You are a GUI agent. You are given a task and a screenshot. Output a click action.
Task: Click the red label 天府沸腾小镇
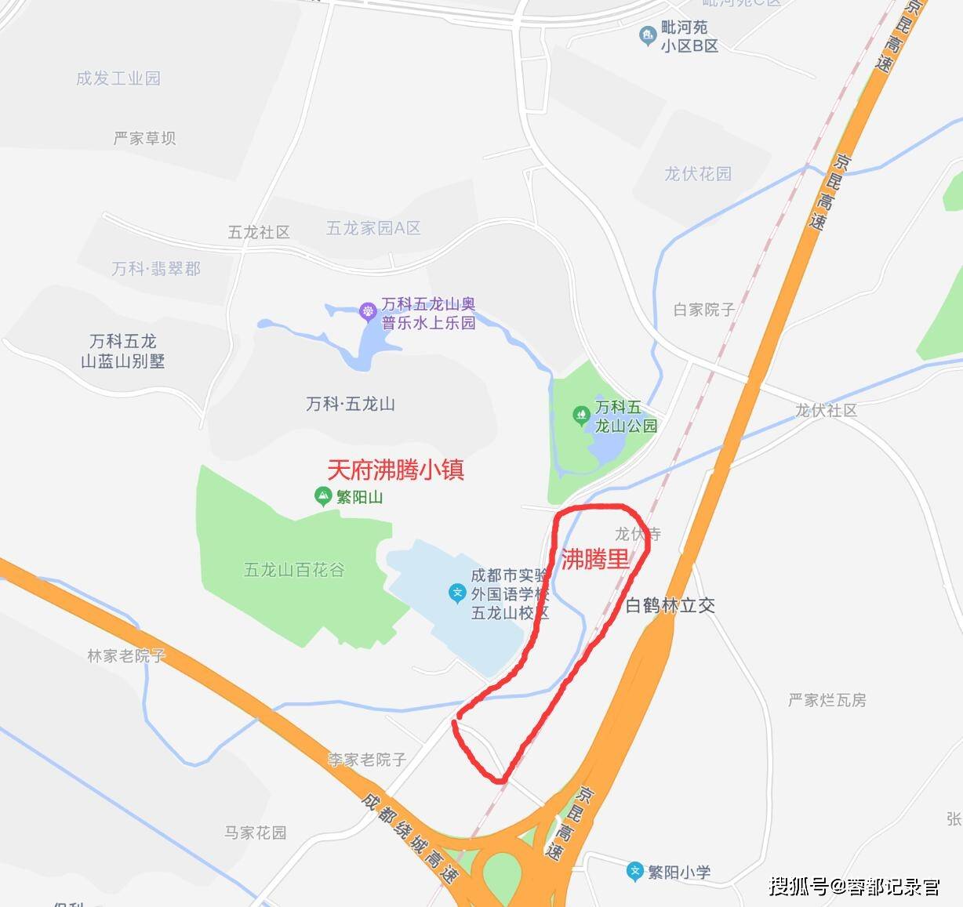(x=395, y=469)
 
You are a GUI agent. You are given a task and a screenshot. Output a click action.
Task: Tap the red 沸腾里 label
(x=595, y=560)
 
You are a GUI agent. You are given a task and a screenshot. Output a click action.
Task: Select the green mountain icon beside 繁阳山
(x=322, y=495)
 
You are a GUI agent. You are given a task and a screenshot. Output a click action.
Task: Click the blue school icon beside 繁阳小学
(x=635, y=871)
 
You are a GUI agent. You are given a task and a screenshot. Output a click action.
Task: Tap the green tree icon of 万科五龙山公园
(x=581, y=415)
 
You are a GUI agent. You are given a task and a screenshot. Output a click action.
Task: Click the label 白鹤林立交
(x=670, y=605)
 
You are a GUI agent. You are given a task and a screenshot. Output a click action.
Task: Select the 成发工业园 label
(x=118, y=78)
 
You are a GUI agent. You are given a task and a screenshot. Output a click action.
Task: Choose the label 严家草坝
(x=145, y=138)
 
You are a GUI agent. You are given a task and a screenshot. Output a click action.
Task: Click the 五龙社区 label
(x=259, y=232)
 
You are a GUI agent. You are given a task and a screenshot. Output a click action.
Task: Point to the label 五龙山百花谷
(x=294, y=570)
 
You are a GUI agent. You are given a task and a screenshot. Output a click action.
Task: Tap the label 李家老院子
(x=367, y=759)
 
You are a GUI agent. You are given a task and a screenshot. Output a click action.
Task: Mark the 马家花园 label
(x=256, y=832)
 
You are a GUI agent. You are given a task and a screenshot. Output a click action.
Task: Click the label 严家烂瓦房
(x=827, y=700)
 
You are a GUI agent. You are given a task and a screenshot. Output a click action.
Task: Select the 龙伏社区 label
(x=827, y=410)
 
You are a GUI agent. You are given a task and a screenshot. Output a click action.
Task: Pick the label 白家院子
(x=704, y=310)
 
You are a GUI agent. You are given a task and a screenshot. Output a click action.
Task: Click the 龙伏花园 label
(x=698, y=173)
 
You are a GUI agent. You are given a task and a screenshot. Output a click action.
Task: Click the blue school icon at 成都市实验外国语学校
(x=457, y=593)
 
